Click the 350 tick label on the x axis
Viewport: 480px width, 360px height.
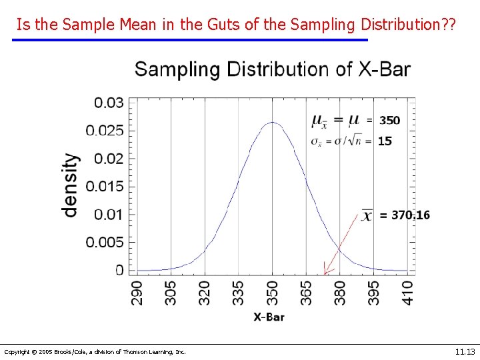(272, 293)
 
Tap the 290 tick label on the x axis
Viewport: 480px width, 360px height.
(137, 293)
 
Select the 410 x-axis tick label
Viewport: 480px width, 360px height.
(407, 293)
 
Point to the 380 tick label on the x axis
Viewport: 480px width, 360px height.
(340, 293)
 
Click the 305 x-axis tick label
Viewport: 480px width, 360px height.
(171, 293)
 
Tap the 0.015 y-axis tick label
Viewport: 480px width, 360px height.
(105, 186)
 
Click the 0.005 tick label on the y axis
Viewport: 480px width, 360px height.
(105, 242)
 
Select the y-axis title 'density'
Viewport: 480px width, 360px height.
(70, 185)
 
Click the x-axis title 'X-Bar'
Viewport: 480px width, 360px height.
(269, 317)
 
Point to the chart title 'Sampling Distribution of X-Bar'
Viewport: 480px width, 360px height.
(273, 69)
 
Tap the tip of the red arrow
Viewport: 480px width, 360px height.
(325, 273)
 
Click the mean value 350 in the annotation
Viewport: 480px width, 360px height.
(389, 121)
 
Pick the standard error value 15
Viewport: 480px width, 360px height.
(385, 141)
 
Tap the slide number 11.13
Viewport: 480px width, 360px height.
(464, 351)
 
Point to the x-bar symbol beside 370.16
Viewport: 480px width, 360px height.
(367, 216)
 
